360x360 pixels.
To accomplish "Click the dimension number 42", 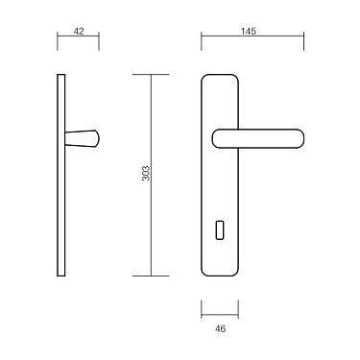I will click(79, 32).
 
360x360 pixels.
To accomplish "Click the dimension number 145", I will click(252, 32).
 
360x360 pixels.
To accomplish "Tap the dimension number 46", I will click(220, 328).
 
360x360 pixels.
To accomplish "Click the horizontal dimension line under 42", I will click(79, 41).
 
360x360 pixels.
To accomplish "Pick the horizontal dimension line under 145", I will click(252, 41).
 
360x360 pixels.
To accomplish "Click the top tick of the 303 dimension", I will click(151, 75).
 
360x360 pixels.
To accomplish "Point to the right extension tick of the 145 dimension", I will click(304, 41).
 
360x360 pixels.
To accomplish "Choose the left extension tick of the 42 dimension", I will click(58, 41).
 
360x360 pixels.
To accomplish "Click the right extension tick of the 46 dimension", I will click(238, 309).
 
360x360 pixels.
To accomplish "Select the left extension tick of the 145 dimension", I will click(202, 41).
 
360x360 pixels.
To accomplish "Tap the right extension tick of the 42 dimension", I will click(99, 41).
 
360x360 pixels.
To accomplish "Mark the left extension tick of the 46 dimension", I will click(202, 309).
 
